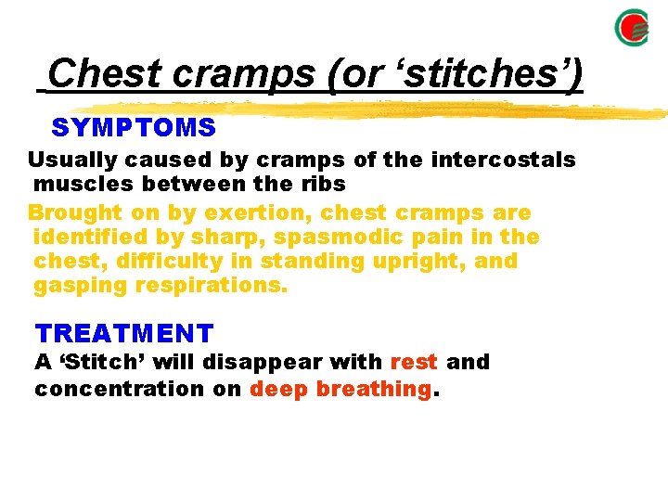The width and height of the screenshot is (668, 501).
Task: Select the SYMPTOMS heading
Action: [x=134, y=127]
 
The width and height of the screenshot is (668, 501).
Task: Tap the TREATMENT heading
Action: [x=124, y=333]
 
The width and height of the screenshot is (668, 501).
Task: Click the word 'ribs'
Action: [x=319, y=184]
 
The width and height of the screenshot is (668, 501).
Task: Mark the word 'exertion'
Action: [x=223, y=212]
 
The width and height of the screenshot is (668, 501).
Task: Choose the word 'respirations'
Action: [x=212, y=286]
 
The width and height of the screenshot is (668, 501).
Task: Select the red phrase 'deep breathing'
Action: [x=340, y=388]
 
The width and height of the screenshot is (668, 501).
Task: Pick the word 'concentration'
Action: [x=121, y=388]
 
